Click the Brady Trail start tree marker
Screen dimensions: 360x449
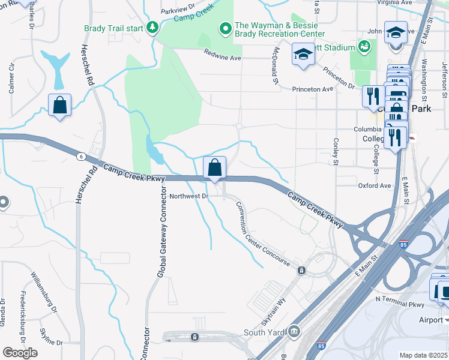point(152,28)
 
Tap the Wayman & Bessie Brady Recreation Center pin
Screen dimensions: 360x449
point(226,28)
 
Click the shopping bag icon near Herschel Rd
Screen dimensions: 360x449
point(60,105)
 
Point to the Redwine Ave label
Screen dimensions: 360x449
point(222,58)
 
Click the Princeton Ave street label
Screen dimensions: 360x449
point(312,89)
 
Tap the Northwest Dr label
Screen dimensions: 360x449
point(188,196)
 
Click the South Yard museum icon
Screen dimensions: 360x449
point(294,331)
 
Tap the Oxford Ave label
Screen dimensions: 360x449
point(375,186)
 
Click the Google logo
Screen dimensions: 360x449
point(20,353)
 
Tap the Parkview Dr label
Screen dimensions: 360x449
point(178,11)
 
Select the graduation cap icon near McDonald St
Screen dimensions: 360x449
point(303,55)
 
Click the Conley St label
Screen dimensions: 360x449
point(336,152)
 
